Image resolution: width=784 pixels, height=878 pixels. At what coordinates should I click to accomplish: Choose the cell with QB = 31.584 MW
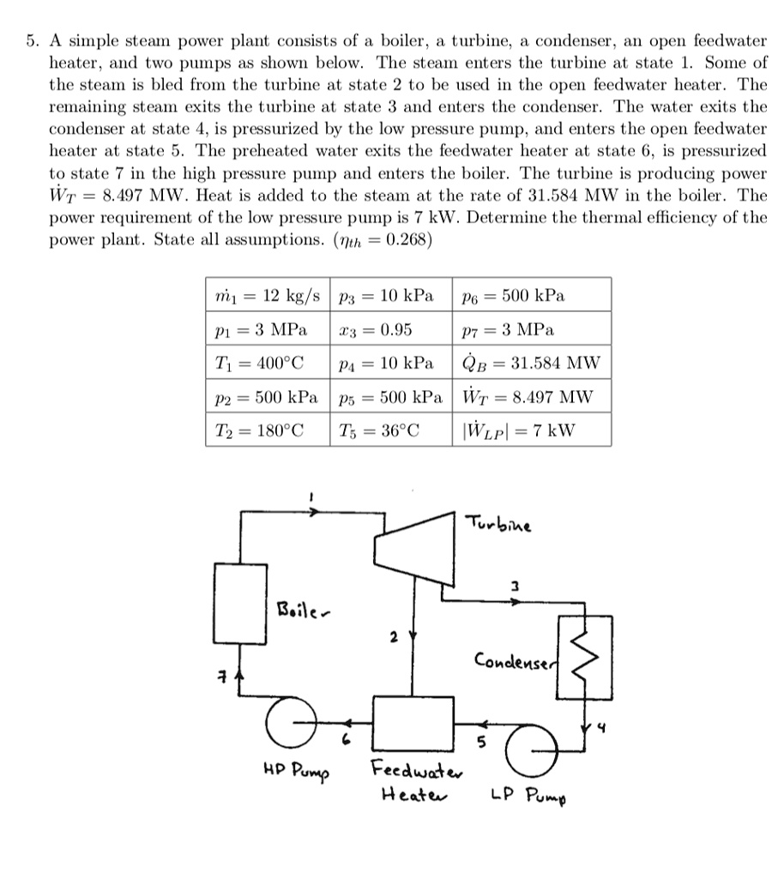[531, 363]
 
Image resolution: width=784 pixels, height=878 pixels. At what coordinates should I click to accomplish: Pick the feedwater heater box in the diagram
[413, 724]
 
